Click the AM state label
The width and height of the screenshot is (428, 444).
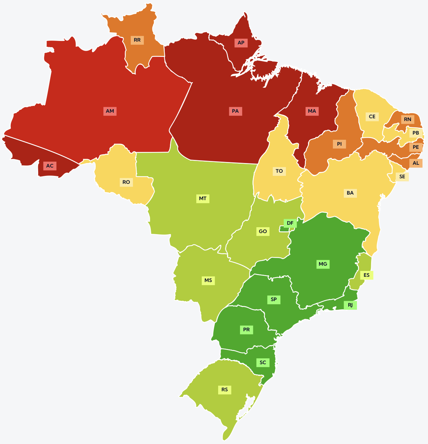(110, 111)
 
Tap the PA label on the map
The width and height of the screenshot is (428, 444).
(236, 111)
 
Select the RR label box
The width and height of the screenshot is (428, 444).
(137, 40)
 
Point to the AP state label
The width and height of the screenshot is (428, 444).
(241, 43)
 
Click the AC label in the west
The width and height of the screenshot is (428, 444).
(50, 166)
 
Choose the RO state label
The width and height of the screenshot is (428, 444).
(126, 182)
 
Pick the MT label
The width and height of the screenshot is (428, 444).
(203, 199)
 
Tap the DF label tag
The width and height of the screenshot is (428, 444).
(290, 223)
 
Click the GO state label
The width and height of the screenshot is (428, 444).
(263, 231)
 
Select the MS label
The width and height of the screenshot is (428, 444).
(208, 280)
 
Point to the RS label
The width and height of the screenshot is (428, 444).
(225, 390)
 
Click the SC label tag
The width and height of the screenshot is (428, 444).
(263, 362)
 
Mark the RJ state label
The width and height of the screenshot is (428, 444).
(350, 305)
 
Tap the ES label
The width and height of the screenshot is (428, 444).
(367, 275)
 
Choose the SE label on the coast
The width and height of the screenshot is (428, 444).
(402, 177)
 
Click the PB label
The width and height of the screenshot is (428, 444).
(416, 133)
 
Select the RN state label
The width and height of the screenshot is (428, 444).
(408, 120)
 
